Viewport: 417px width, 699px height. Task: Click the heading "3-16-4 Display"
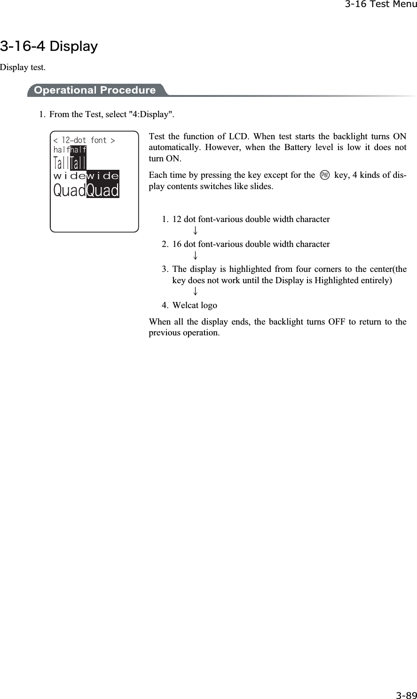49,47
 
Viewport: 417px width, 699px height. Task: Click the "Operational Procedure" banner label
95,90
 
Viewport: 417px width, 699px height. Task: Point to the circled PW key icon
324,175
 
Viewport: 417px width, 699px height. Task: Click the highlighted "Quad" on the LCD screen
102,191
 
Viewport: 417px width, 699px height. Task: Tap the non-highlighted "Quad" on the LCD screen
70,191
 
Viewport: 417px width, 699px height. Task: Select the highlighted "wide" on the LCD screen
102,176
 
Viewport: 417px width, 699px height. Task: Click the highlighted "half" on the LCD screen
79,150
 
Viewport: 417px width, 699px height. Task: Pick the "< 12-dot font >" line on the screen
84,140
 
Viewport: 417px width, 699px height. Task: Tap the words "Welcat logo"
195,305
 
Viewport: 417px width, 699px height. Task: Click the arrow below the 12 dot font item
194,231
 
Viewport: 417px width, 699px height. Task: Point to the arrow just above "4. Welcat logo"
194,293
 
